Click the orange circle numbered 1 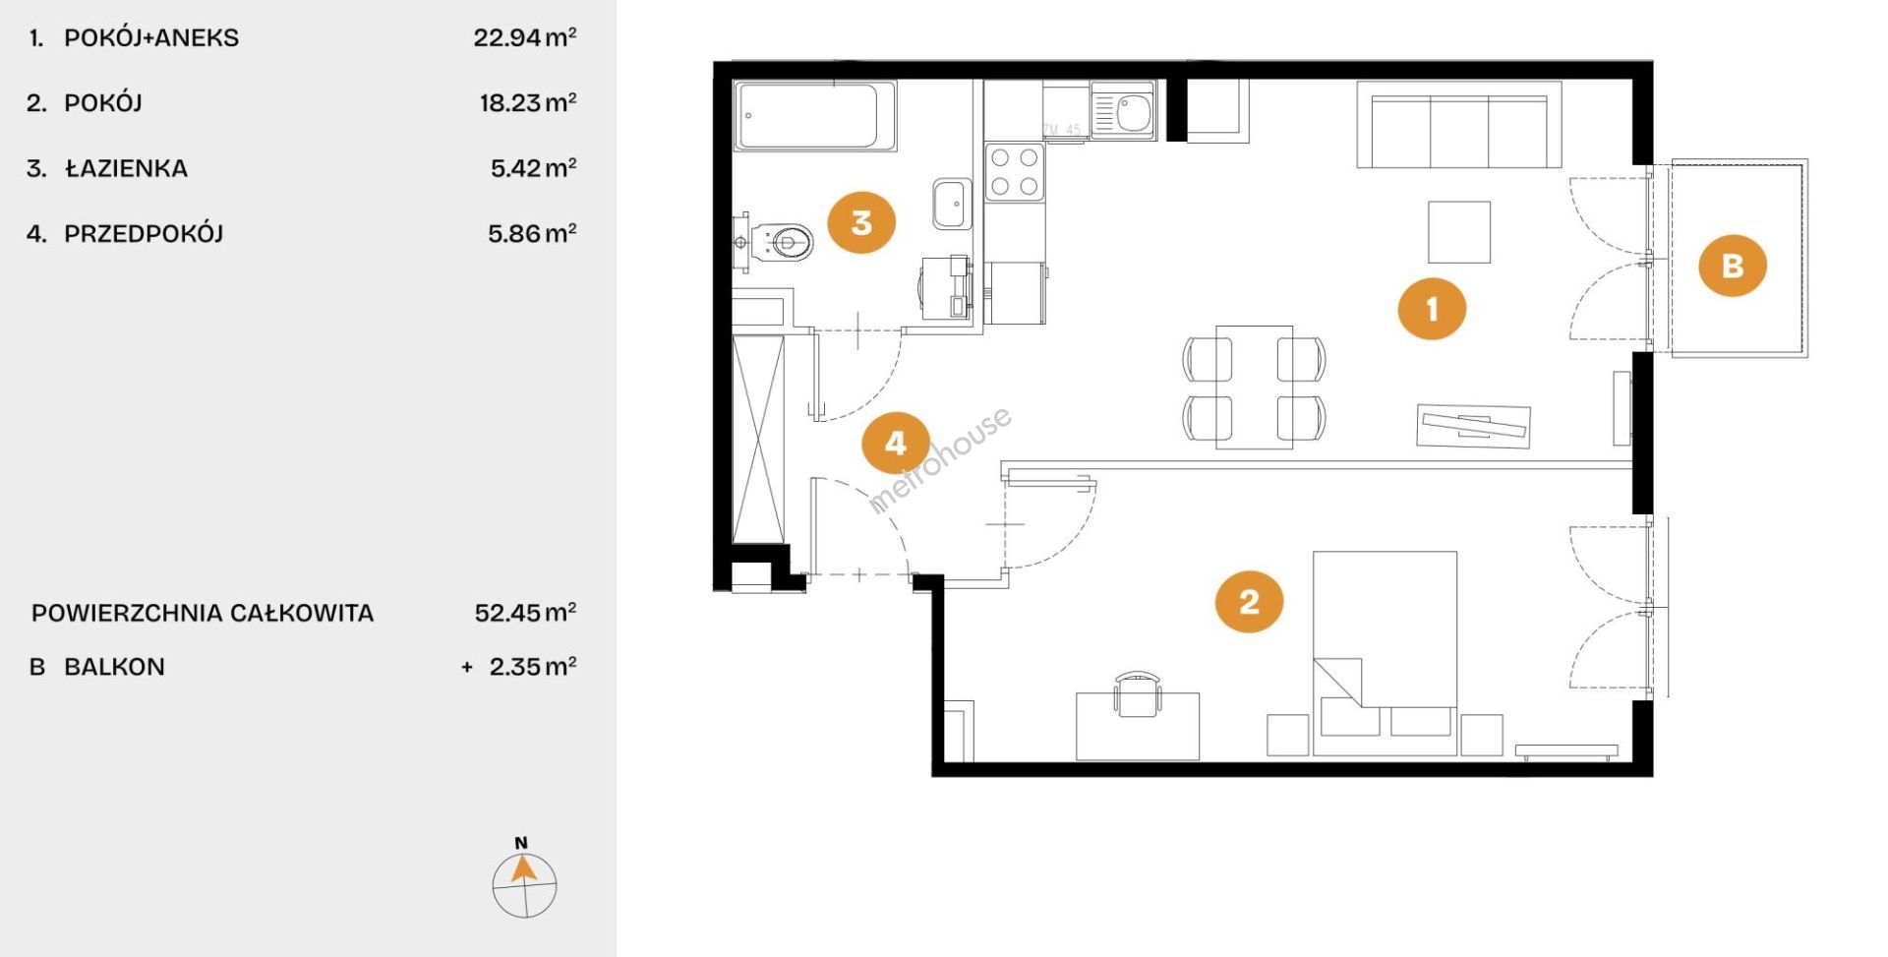(1432, 309)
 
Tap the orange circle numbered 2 (1250, 600)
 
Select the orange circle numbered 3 (861, 222)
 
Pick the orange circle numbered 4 (896, 443)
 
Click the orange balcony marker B (1733, 265)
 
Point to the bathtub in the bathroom (816, 116)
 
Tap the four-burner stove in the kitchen (1015, 172)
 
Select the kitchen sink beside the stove (1123, 110)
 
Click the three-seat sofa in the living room (1459, 125)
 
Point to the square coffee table (1459, 232)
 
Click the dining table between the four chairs (1254, 388)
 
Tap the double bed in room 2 (1385, 653)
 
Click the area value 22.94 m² (525, 37)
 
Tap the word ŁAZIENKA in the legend (126, 167)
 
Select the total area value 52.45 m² (525, 613)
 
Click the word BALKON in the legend (114, 667)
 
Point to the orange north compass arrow (524, 868)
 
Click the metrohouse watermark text (939, 460)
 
